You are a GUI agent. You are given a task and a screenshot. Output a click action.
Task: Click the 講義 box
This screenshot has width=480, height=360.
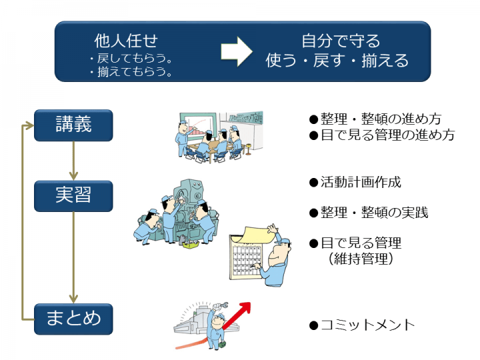pyautogui.click(x=73, y=125)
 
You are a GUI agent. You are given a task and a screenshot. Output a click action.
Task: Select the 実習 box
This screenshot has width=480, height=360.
pyautogui.click(x=73, y=196)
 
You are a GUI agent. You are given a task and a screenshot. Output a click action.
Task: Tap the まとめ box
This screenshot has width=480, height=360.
pyautogui.click(x=73, y=318)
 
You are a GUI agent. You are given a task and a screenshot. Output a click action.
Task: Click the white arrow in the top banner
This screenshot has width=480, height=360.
pyautogui.click(x=237, y=51)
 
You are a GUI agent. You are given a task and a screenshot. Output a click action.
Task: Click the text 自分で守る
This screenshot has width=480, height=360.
pyautogui.click(x=341, y=41)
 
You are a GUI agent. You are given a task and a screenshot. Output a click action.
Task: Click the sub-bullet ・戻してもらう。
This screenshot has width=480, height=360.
pyautogui.click(x=131, y=59)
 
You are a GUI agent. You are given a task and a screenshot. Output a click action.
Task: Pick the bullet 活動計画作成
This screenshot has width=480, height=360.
pyautogui.click(x=355, y=182)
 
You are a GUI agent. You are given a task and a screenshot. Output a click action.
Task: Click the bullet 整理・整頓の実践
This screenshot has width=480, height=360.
pyautogui.click(x=368, y=213)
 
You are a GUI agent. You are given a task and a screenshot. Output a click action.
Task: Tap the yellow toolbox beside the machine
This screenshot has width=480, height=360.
pyautogui.click(x=192, y=245)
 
